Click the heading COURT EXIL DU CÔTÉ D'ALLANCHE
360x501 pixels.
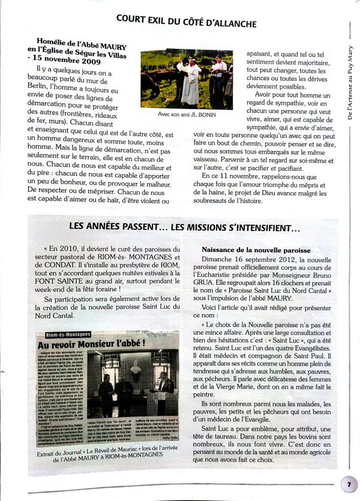(186, 21)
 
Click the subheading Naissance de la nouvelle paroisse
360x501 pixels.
(257, 250)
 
